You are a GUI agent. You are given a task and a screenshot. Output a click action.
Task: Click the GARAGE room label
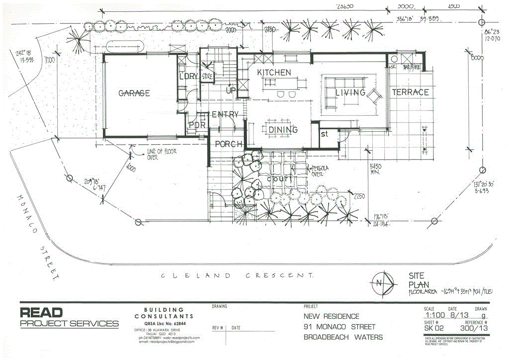(134, 93)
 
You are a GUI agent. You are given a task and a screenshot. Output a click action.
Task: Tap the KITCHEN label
(274, 73)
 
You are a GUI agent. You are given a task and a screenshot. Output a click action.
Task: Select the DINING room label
(283, 130)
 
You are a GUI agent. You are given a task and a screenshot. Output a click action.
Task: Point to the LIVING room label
(350, 92)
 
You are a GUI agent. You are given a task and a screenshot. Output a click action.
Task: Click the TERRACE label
(410, 92)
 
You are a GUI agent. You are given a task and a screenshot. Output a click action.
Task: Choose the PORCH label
(228, 144)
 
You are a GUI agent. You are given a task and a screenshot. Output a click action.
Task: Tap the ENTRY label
(225, 114)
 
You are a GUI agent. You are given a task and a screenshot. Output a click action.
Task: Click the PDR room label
(197, 125)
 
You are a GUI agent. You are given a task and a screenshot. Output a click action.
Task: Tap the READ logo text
(42, 313)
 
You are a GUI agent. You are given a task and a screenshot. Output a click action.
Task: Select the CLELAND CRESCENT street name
(238, 275)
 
